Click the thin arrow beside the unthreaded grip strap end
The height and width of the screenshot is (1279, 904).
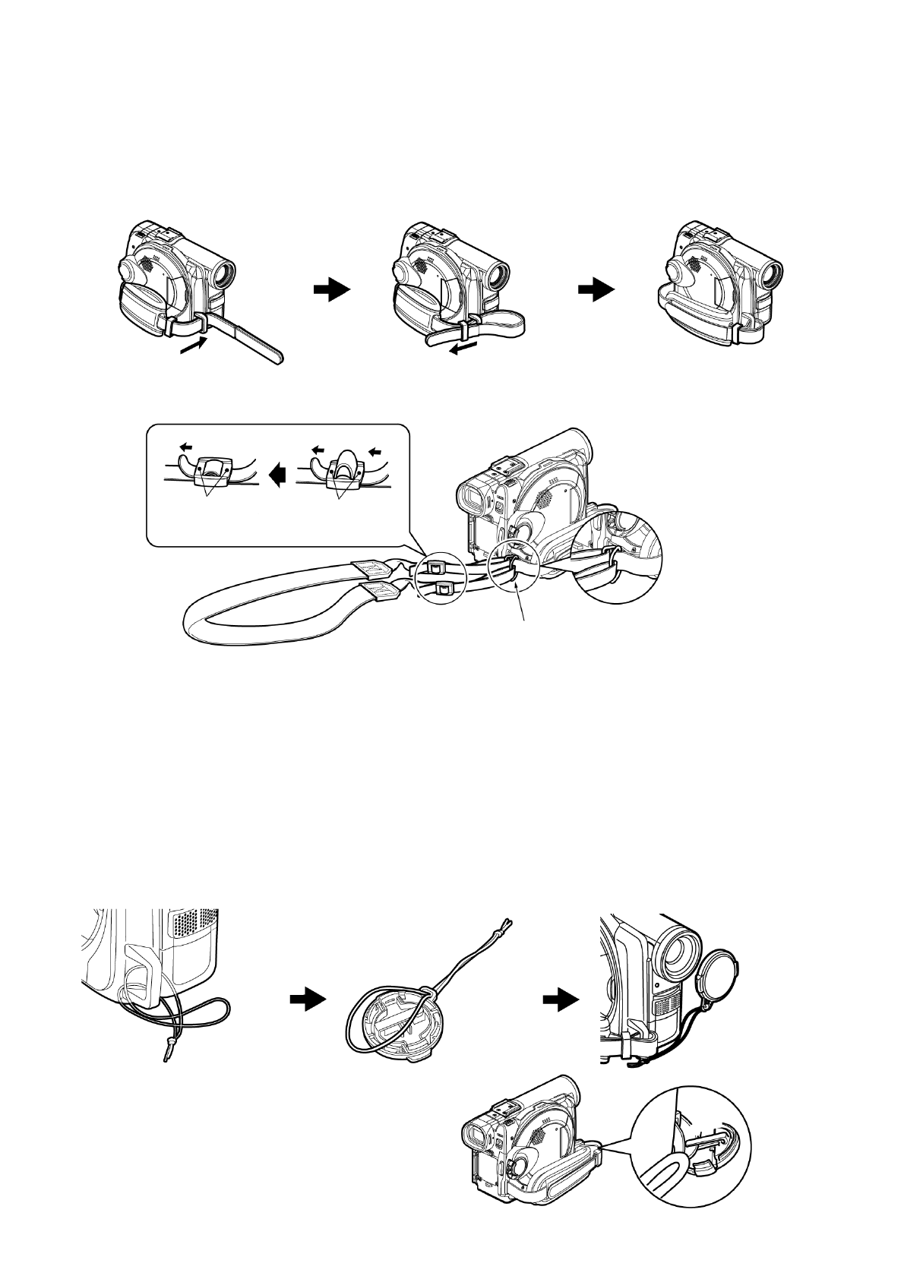tap(193, 346)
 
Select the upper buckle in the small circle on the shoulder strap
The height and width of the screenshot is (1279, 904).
tap(436, 566)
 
